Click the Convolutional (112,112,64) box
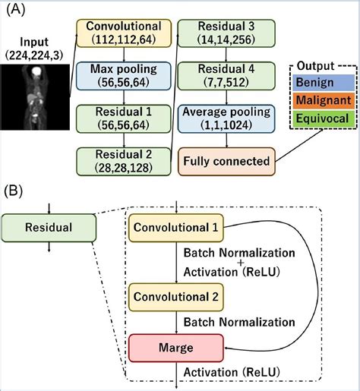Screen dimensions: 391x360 point(123,32)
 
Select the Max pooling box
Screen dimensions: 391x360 point(123,76)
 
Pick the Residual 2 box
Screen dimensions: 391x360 point(123,162)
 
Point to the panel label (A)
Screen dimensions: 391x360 point(16,10)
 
